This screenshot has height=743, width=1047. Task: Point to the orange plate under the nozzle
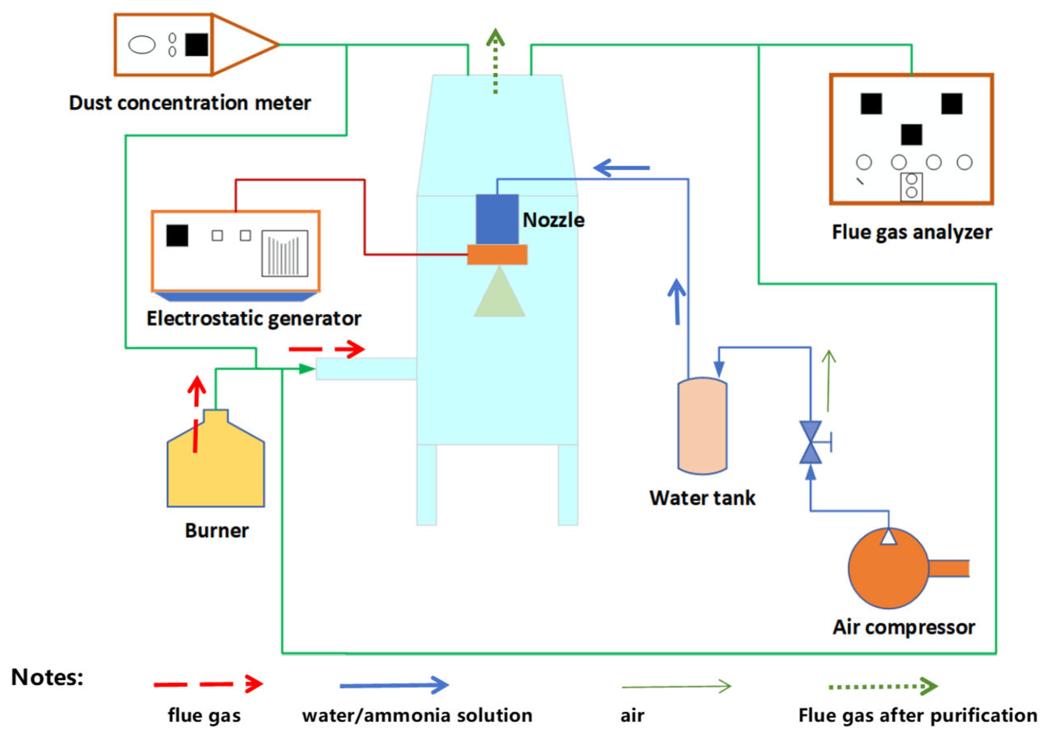point(497,254)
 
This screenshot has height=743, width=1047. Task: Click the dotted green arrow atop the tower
point(495,59)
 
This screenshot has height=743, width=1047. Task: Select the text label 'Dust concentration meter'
point(190,103)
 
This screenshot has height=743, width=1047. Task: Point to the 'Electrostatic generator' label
point(254,319)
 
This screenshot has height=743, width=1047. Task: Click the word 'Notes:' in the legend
point(47,677)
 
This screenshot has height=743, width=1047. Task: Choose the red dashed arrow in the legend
point(208,684)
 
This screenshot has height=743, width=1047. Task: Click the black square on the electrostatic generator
point(177,235)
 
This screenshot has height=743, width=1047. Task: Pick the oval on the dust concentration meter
point(142,45)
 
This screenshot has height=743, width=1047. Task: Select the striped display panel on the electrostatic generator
point(285,253)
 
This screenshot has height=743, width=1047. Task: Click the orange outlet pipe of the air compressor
point(949,568)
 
